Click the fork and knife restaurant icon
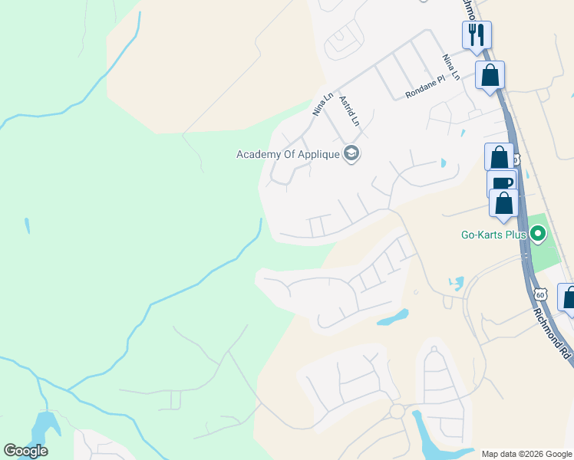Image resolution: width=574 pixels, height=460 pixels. click(477, 34)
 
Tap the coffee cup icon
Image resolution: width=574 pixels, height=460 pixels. click(501, 183)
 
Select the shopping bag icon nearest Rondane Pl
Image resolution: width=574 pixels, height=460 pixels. click(490, 75)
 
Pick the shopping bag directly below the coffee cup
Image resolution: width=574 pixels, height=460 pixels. click(504, 204)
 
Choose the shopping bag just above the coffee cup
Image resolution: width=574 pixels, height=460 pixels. click(499, 156)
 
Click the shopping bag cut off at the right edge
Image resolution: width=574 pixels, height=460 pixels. click(569, 297)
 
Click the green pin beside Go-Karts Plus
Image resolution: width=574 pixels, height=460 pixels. click(538, 234)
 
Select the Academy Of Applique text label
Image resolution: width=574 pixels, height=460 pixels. click(288, 154)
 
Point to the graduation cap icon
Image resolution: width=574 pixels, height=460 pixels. click(351, 154)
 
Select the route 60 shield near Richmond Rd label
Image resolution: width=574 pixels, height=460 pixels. click(541, 294)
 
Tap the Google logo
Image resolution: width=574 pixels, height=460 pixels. click(25, 450)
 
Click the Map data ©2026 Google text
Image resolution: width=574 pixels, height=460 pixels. click(526, 454)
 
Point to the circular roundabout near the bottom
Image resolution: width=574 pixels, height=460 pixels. click(397, 412)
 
